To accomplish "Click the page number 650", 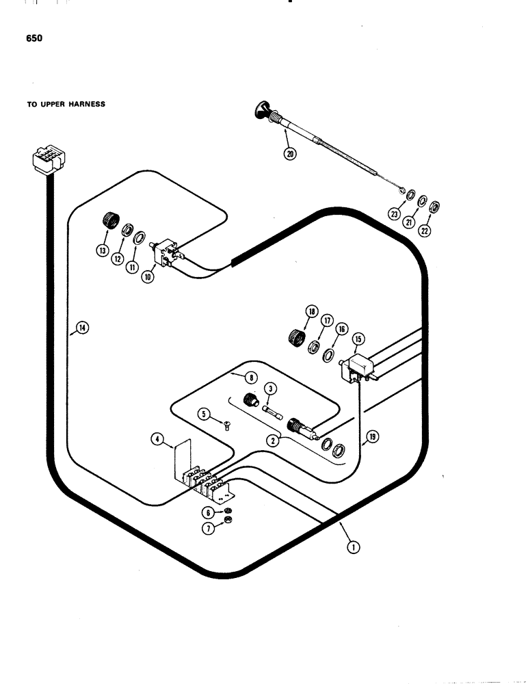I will click(x=34, y=39).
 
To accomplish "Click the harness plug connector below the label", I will click(x=47, y=162).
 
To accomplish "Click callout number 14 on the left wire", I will click(x=82, y=328).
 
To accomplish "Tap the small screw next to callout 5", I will click(x=227, y=426).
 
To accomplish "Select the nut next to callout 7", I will click(x=228, y=525).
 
